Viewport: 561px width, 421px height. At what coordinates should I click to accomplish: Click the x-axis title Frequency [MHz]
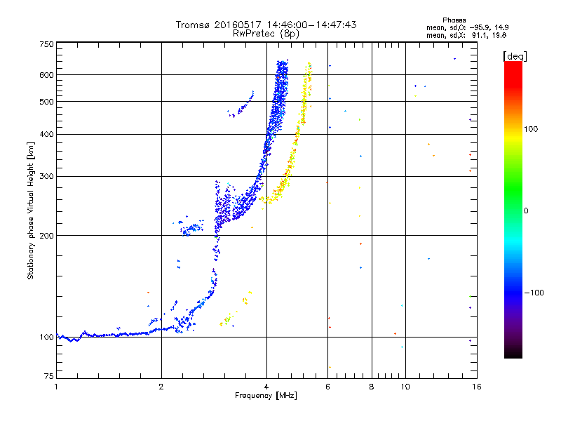[x=266, y=396]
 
